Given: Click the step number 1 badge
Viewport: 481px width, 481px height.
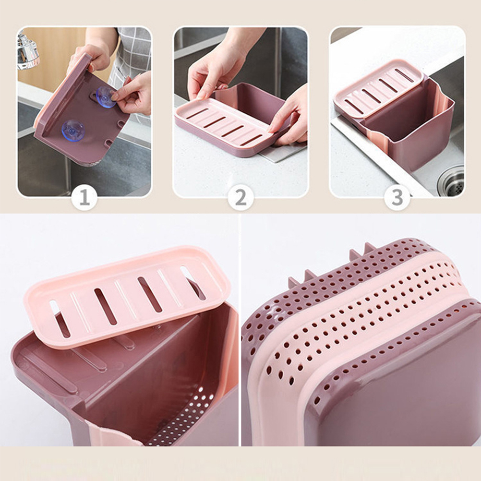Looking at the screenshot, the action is (84, 198).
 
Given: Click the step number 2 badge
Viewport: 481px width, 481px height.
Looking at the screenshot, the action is (240, 198).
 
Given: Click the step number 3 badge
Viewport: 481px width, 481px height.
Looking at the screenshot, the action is (397, 198).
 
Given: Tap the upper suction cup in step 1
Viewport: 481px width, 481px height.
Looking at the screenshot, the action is (106, 96).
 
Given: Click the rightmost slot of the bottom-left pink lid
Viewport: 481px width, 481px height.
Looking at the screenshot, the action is (193, 283).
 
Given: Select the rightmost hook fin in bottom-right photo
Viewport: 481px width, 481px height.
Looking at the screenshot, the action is (370, 246).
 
